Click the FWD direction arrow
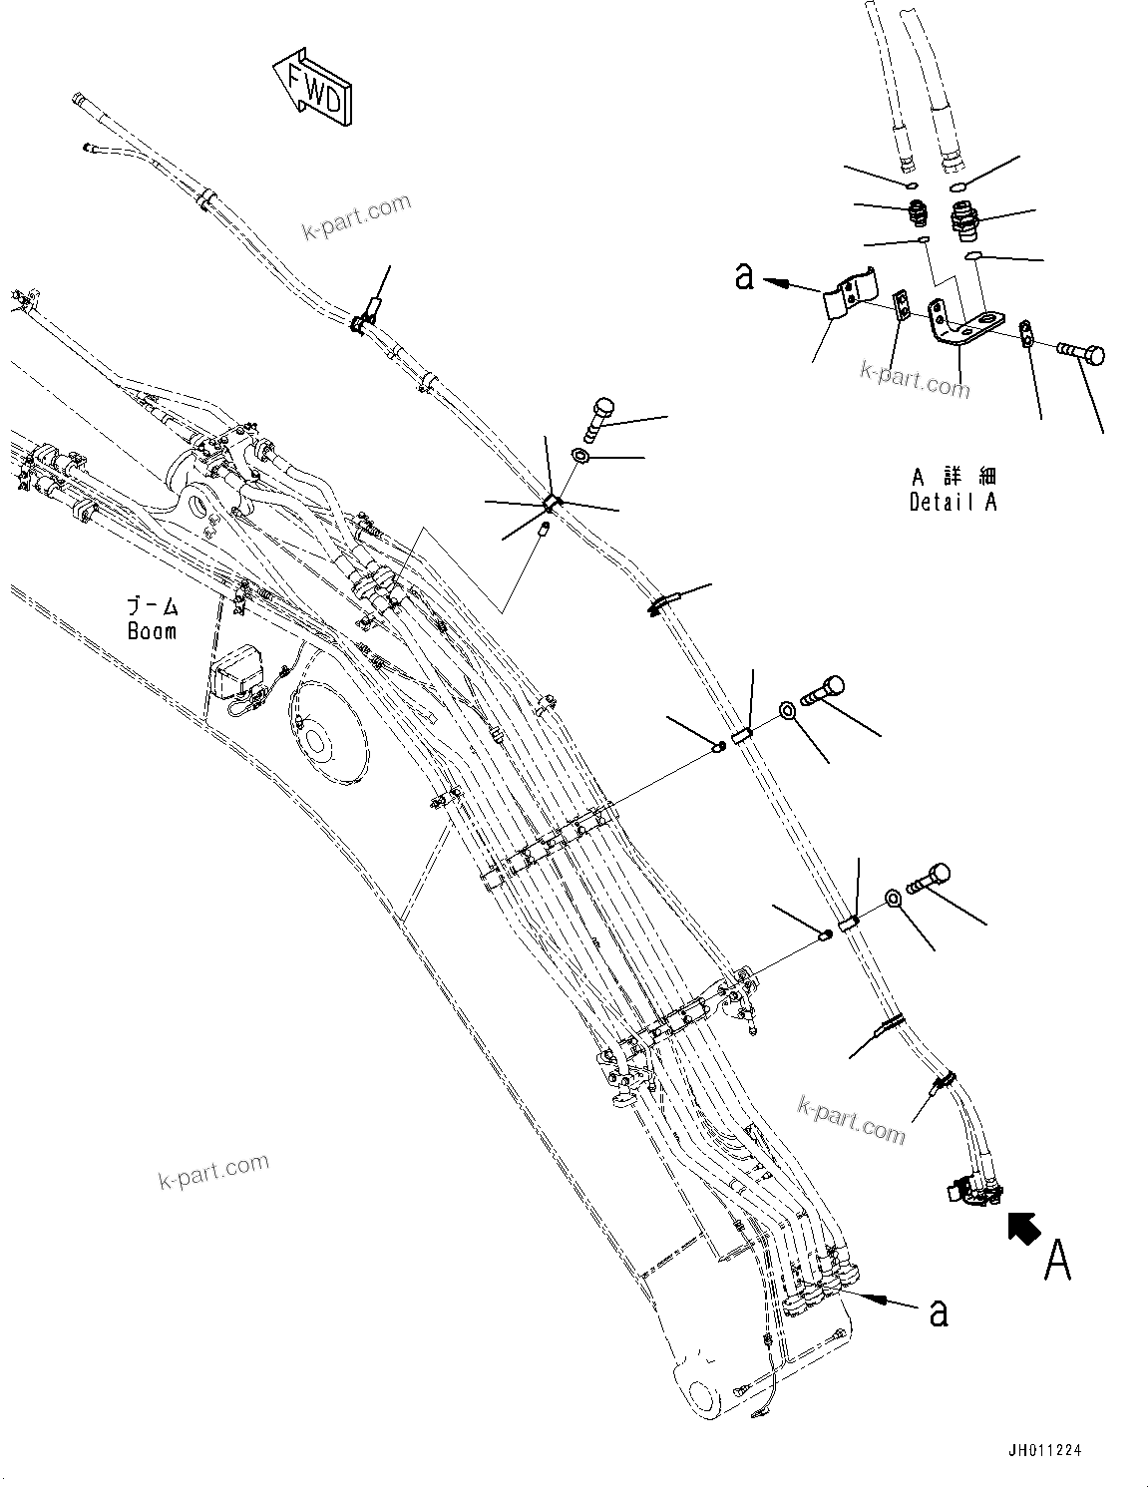pos(312,89)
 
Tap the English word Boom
pos(152,631)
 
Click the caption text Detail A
pos(953,503)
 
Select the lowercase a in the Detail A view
pos(745,275)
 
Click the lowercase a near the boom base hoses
pos(938,1312)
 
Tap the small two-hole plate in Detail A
pos(902,302)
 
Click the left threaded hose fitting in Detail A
pos(917,214)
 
